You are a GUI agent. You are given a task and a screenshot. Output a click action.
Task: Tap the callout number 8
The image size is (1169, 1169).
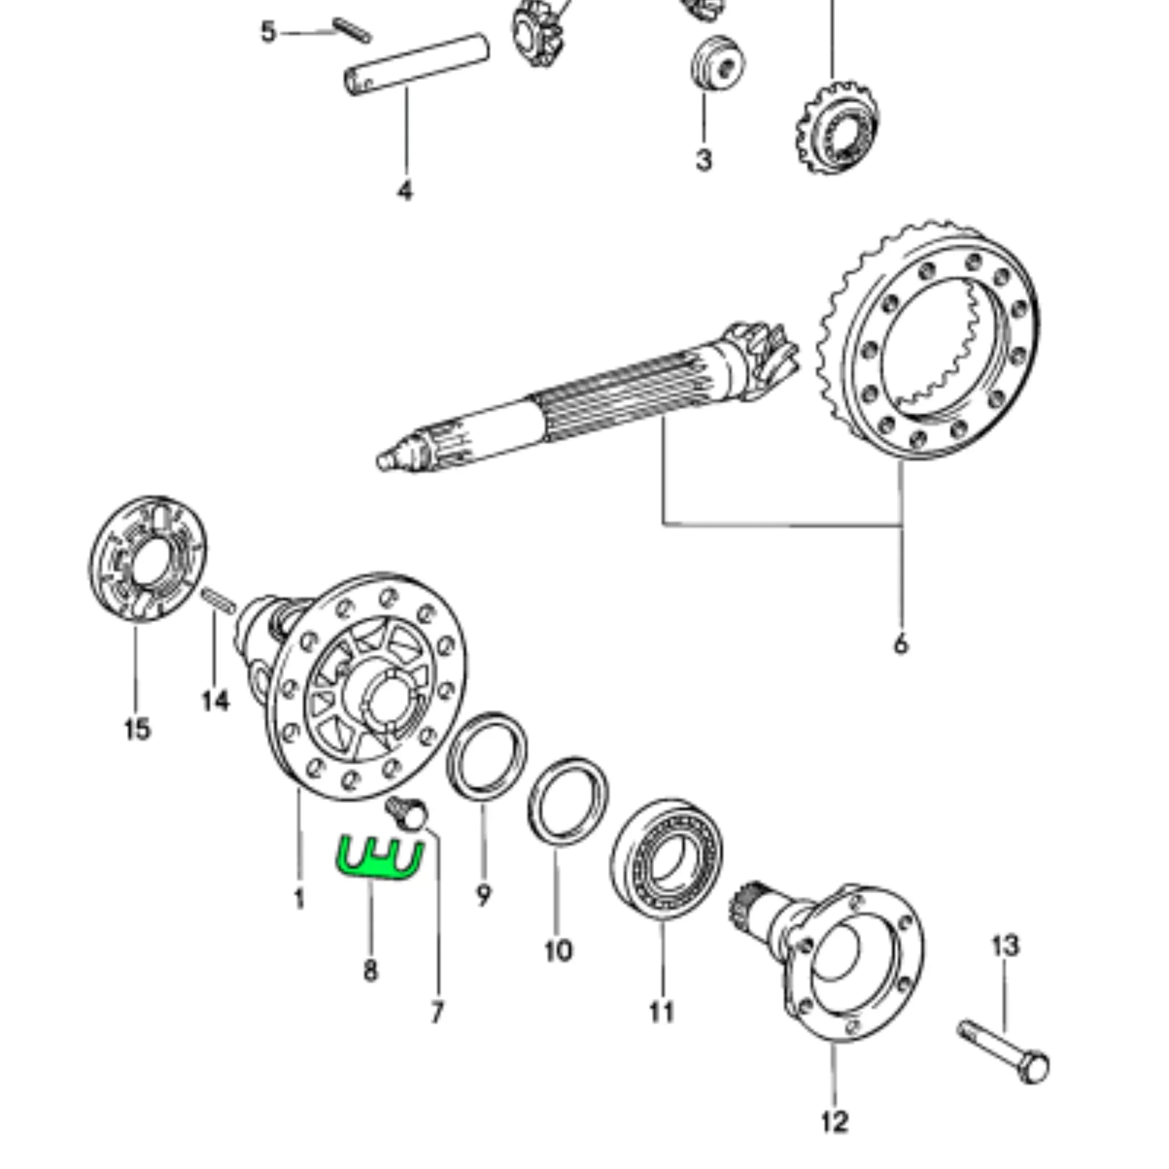pyautogui.click(x=370, y=971)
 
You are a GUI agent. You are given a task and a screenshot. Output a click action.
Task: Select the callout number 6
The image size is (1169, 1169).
pyautogui.click(x=900, y=644)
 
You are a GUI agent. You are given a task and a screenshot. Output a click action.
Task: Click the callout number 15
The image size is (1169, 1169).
pyautogui.click(x=137, y=729)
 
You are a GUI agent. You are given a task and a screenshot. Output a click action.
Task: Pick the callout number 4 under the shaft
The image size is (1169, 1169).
pyautogui.click(x=405, y=191)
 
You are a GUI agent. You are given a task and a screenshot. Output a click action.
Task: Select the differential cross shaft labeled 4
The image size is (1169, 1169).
pyautogui.click(x=417, y=63)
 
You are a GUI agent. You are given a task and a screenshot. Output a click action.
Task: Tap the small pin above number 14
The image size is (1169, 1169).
pyautogui.click(x=218, y=600)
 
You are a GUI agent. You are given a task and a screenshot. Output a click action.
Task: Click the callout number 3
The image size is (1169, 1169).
pyautogui.click(x=703, y=160)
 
